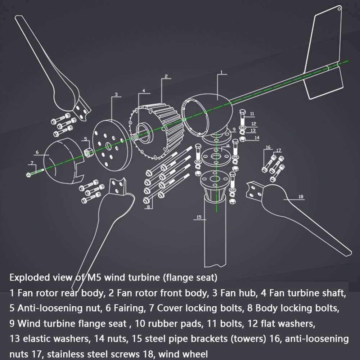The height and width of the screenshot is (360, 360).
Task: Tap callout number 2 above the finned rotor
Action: click(x=166, y=76)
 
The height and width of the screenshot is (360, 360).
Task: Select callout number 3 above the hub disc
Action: click(x=116, y=94)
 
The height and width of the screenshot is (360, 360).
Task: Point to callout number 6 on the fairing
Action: click(x=37, y=152)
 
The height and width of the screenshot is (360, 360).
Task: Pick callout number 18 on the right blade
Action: click(x=301, y=197)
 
